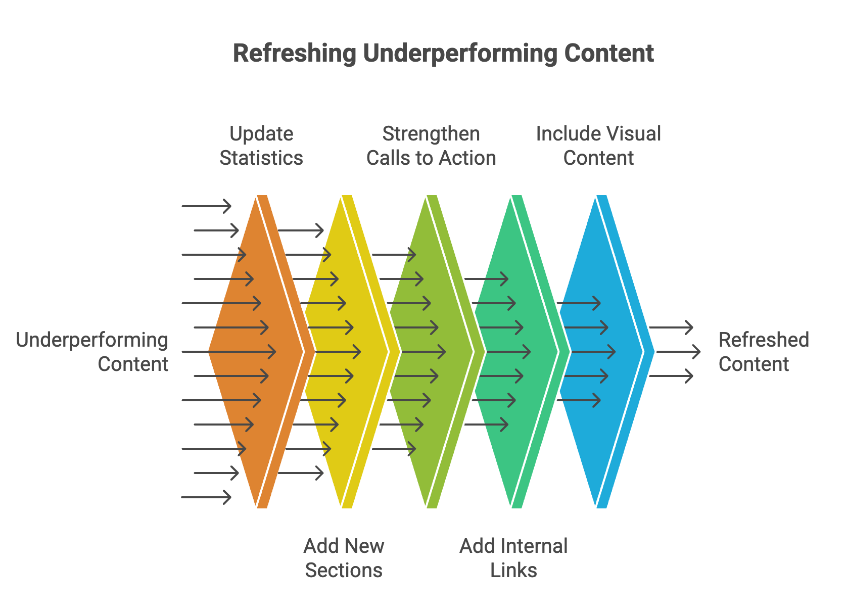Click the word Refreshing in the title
coord(294,54)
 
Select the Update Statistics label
coord(261,146)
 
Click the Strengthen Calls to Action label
coord(431,146)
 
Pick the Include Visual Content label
coord(598,146)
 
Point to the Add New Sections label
coord(344,558)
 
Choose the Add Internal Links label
coord(513,558)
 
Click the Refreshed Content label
coord(763,352)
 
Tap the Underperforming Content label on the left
coord(92,352)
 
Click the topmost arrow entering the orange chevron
coord(206,206)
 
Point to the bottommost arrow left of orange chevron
coord(206,497)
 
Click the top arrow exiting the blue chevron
coord(671,327)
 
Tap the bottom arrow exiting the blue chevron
coord(671,376)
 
